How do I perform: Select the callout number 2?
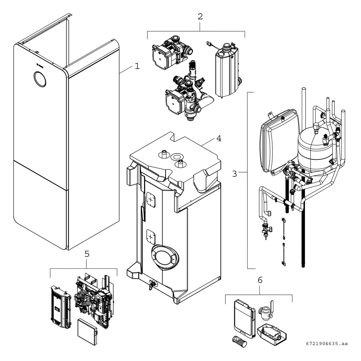200,17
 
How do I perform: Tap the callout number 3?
234,174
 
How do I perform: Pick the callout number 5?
87,254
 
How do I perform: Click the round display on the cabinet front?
40,79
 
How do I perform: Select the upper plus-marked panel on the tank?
151,199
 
